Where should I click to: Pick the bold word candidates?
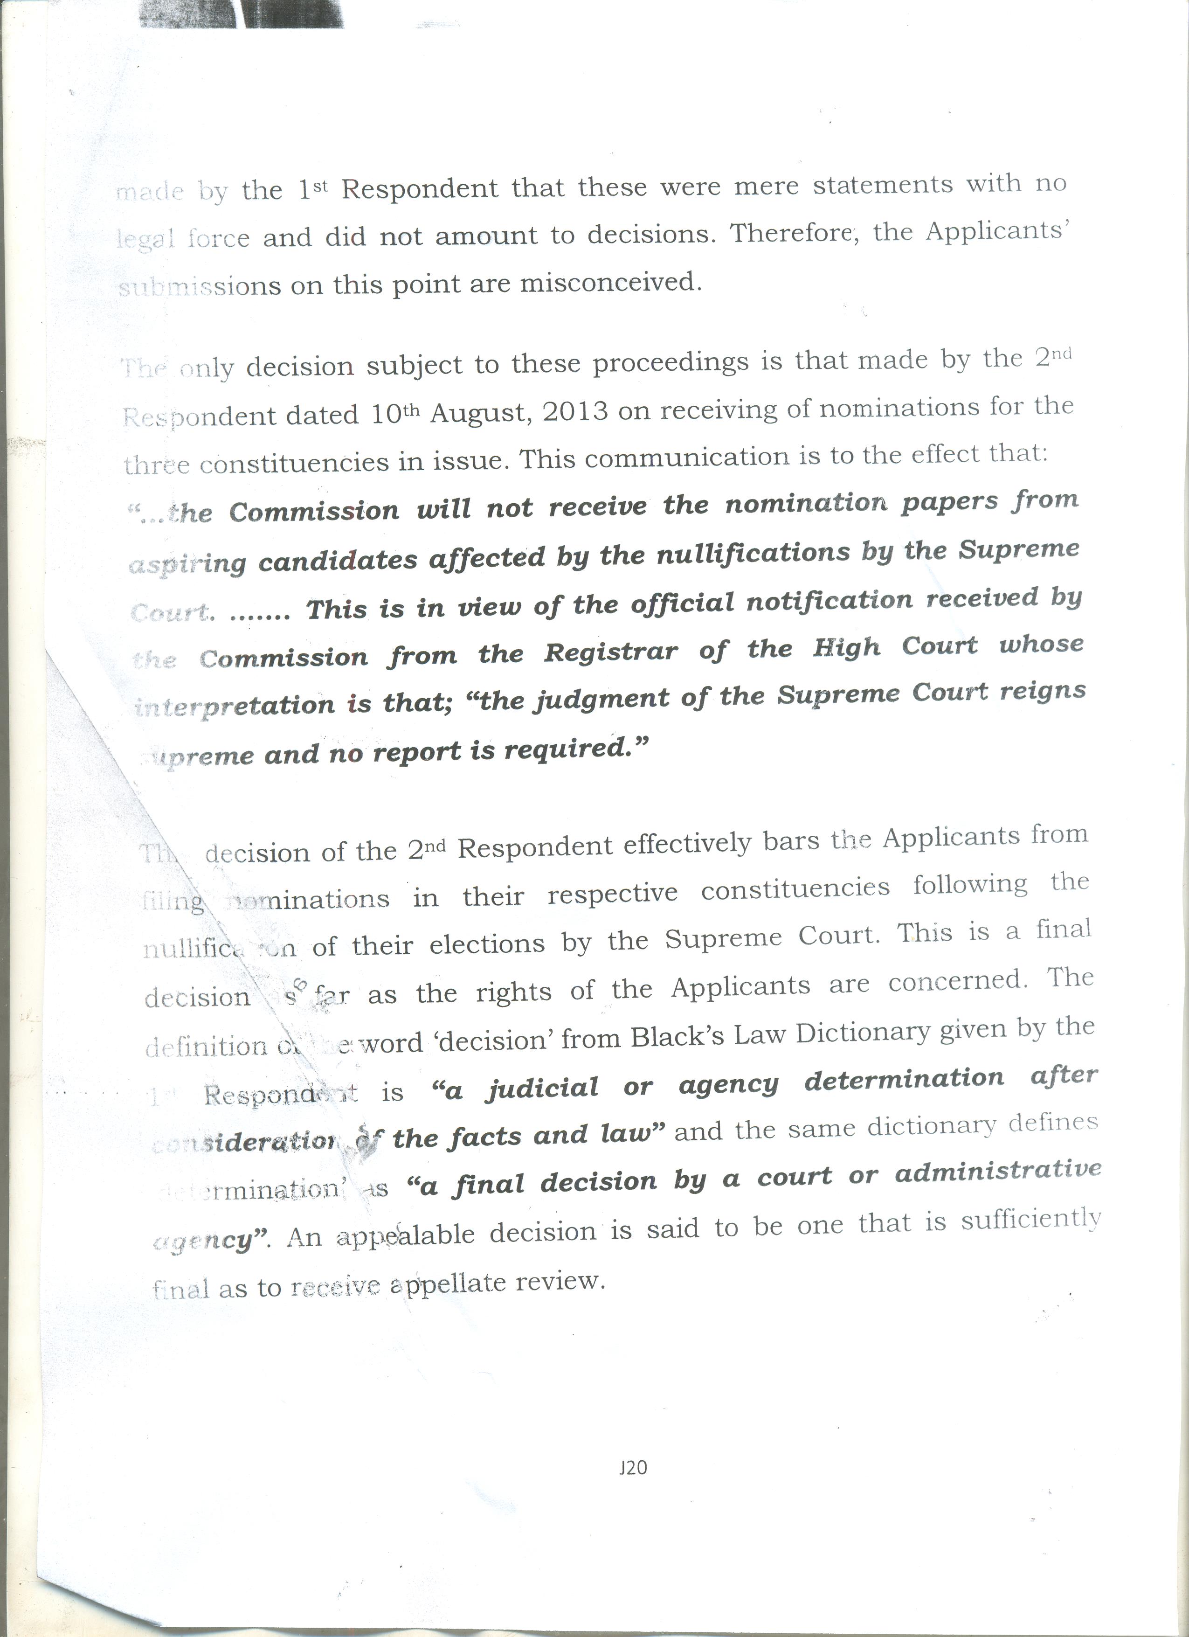(338, 561)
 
